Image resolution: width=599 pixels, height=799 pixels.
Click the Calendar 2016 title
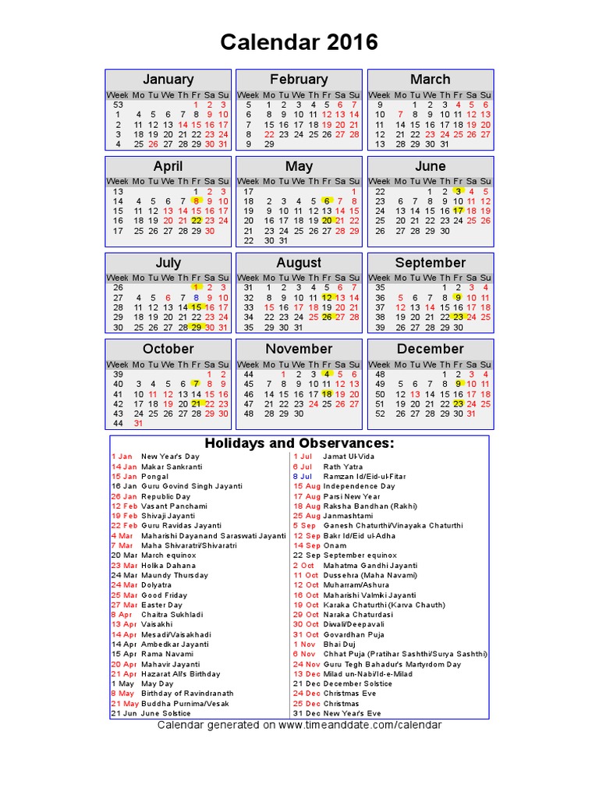[x=299, y=42]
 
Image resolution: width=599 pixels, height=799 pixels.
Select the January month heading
[x=168, y=80]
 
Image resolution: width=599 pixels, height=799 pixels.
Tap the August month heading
[x=299, y=263]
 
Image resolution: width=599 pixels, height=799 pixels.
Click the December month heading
[x=430, y=349]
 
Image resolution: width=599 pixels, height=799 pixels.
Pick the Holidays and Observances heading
[x=299, y=444]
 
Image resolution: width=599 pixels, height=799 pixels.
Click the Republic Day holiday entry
[x=165, y=496]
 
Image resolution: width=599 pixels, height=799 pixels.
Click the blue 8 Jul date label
[x=302, y=476]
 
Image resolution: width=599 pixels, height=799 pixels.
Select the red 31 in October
[x=138, y=423]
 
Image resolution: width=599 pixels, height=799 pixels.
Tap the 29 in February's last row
[x=269, y=144]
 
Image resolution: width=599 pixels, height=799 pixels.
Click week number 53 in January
[x=119, y=105]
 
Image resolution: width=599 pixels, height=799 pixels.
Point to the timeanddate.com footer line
[x=299, y=725]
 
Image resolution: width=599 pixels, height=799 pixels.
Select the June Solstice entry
[x=165, y=713]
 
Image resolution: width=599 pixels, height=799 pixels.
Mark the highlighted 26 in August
[x=328, y=317]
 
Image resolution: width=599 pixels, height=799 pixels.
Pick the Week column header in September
[x=380, y=278]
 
